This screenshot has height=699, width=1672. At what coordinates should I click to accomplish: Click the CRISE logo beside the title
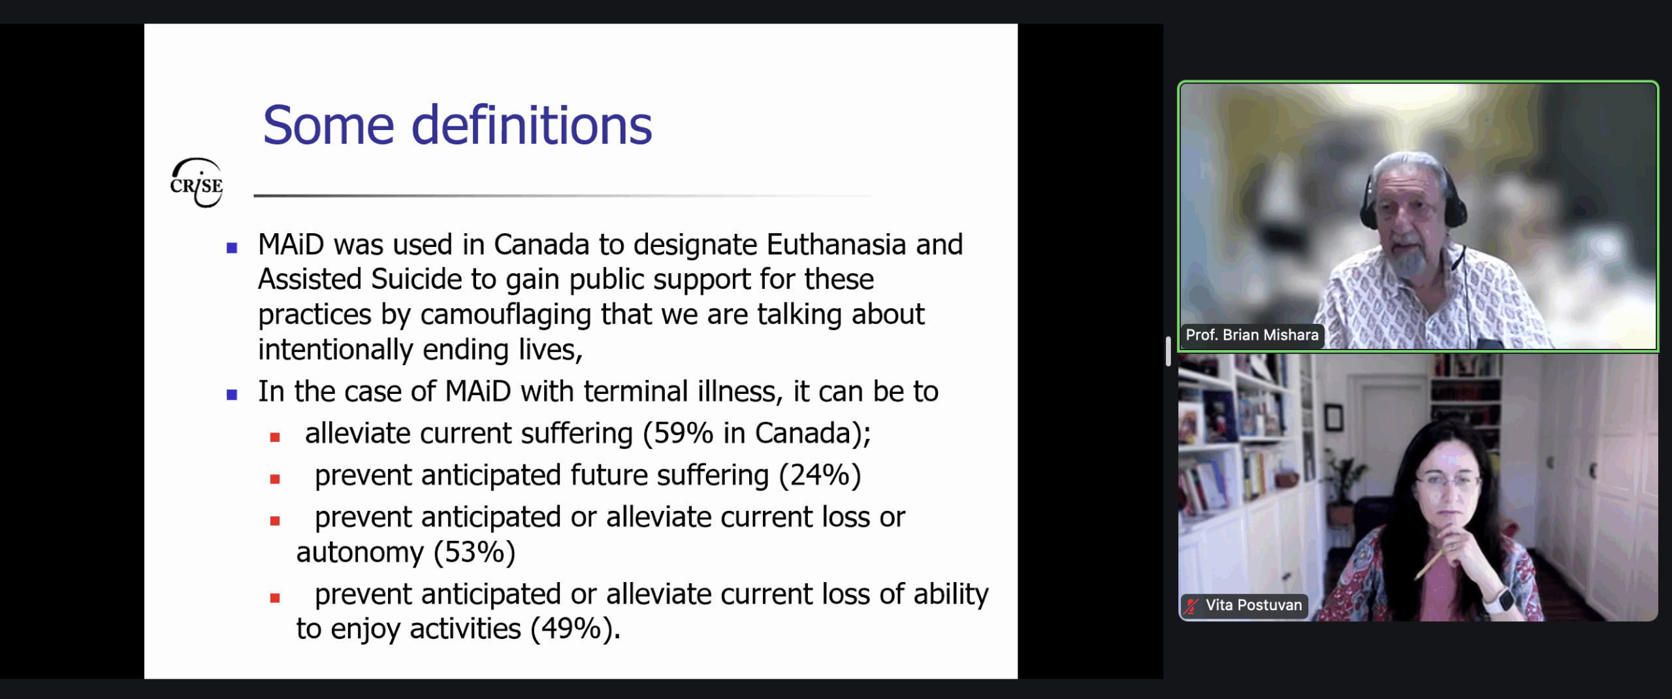tap(197, 183)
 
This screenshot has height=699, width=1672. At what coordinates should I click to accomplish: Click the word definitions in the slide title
tap(532, 125)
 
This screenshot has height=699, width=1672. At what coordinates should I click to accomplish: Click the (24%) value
tap(820, 476)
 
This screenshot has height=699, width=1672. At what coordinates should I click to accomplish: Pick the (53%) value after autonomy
tap(475, 553)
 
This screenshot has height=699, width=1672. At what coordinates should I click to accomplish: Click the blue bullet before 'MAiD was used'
tap(232, 248)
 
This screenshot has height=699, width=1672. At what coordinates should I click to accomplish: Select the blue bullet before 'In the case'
tap(232, 395)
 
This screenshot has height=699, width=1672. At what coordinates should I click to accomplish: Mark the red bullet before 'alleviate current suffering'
tap(275, 438)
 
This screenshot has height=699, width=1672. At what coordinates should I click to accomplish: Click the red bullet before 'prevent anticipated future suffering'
tap(275, 480)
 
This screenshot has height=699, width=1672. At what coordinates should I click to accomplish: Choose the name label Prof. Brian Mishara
tap(1252, 335)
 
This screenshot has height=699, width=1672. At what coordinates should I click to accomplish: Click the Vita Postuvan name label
tap(1253, 606)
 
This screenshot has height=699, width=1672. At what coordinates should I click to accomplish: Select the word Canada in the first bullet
tap(541, 245)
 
